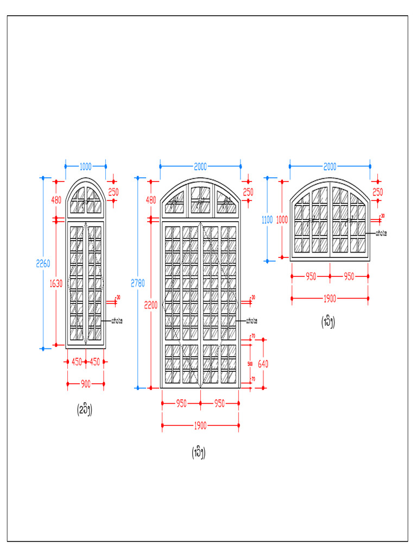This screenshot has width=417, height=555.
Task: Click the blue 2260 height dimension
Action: [x=43, y=264]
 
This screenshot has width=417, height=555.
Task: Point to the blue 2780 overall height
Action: [x=138, y=282]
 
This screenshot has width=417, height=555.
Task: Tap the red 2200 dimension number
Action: [x=151, y=305]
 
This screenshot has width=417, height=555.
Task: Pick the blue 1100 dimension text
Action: [x=267, y=220]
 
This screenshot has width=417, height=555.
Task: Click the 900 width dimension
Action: [x=86, y=384]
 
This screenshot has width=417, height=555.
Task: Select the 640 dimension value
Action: [x=263, y=364]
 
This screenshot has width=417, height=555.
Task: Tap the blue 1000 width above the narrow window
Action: [x=86, y=167]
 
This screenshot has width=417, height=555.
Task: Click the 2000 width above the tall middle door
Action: [x=200, y=167]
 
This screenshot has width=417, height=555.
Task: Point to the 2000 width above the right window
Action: [x=330, y=166]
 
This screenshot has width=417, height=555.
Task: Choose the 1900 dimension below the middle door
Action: [x=200, y=426]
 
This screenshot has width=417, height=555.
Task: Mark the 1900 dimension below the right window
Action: [x=330, y=298]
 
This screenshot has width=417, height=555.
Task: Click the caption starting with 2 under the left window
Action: [x=84, y=410]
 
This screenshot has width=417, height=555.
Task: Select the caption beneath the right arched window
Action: [x=327, y=323]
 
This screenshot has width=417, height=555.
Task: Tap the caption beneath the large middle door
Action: [x=198, y=453]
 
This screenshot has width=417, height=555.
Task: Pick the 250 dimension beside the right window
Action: [x=378, y=192]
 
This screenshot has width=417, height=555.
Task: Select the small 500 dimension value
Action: [x=250, y=364]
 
